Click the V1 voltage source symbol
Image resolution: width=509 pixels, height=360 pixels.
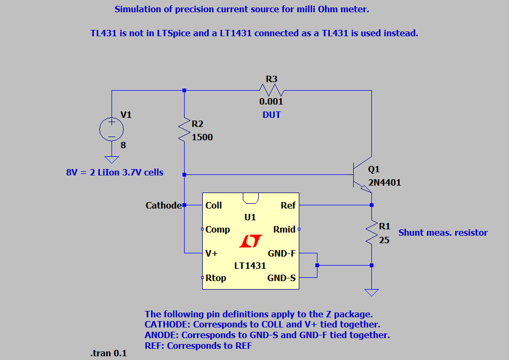coord(112,129)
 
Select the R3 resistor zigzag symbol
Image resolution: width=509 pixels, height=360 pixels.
coord(272,90)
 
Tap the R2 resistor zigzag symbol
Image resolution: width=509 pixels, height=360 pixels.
coord(184,130)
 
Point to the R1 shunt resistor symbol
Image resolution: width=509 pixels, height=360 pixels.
coord(371,233)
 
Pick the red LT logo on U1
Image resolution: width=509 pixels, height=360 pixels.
coord(250,242)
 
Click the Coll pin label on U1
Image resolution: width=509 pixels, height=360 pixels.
coord(213,205)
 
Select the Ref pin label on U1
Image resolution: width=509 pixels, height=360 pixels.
coord(288,205)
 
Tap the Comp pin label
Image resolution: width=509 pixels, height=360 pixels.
coord(218,229)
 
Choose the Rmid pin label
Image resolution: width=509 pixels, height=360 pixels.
coord(284,229)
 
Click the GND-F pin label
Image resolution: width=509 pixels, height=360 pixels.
coord(282,254)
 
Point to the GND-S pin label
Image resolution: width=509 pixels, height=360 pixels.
coord(282,278)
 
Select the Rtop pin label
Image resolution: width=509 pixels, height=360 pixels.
coord(216,278)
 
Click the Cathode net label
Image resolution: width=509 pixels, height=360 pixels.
coord(163,205)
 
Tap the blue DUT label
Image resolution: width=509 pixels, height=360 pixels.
coord(272,115)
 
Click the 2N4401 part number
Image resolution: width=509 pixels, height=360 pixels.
coord(384,182)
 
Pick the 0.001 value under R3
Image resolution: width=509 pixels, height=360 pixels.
coord(272,101)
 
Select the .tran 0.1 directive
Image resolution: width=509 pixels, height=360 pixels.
coord(109,353)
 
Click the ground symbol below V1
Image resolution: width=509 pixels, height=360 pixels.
coord(112,159)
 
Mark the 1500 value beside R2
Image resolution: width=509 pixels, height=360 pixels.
coord(202,137)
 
